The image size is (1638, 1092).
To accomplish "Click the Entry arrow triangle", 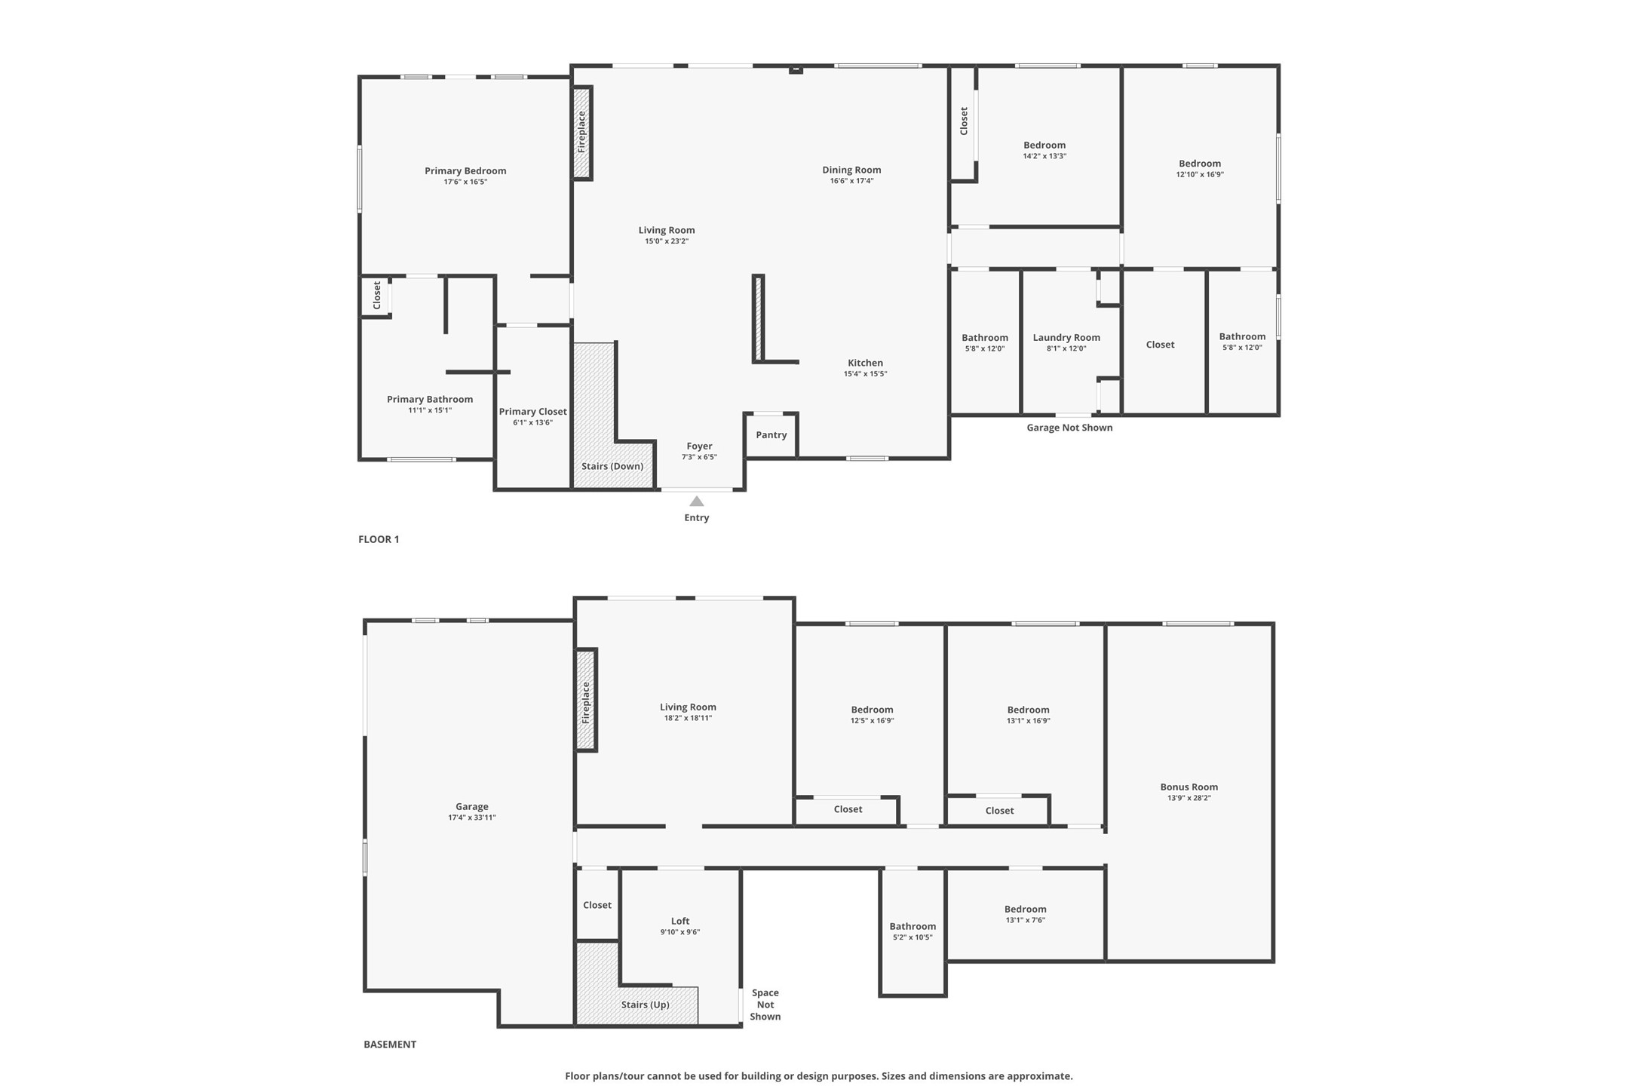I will coord(697,502).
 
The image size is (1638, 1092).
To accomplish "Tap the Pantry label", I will coord(771,435).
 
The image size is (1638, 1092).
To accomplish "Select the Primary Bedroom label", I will coord(465,171).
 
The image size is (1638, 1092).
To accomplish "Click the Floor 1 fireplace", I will coord(581,133).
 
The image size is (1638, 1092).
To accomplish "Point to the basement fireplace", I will coord(586,701).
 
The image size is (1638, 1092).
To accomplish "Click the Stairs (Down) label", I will coord(612,466).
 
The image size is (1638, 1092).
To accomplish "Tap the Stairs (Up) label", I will coord(645,1005).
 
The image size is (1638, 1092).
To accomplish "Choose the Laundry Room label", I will coord(1066,338).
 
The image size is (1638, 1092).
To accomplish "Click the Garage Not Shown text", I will coord(1069,428).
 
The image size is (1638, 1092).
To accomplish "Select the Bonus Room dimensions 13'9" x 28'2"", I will coord(1189,798).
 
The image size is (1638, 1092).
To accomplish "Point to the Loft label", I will coord(679,921).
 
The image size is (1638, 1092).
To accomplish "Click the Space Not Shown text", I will coord(765,1005).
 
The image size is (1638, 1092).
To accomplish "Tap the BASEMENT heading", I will coord(390,1044).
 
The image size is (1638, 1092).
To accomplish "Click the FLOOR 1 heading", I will coord(379,539).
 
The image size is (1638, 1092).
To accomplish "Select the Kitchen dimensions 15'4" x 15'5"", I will coord(865,374).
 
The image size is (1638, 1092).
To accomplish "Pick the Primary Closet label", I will coord(532,412).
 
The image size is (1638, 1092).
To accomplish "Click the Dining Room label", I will coord(851,170).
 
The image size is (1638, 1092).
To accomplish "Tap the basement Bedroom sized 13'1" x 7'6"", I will coord(1025,909).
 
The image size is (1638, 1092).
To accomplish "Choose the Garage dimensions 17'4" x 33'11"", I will coord(471,817).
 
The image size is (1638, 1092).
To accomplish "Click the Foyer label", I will coord(699,446).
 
